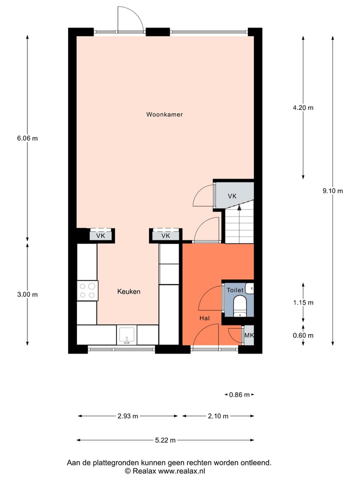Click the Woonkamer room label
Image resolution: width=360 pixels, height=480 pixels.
click(164, 114)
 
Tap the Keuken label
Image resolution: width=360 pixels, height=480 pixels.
click(129, 291)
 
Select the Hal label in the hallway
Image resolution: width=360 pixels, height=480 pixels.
click(204, 318)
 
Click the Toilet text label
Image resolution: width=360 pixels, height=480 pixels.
click(234, 290)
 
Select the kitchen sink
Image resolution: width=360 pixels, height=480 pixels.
click(127, 334)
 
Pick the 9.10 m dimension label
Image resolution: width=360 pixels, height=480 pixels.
click(332, 190)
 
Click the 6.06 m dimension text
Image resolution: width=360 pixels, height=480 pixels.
click(27, 138)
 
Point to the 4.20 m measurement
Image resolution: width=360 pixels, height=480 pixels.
click(303, 107)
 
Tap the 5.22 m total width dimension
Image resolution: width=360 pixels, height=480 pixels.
click(165, 440)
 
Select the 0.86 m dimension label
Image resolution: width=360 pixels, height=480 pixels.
click(239, 394)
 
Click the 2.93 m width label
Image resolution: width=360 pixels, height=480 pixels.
click(128, 416)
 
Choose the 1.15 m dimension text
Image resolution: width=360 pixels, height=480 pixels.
click(303, 302)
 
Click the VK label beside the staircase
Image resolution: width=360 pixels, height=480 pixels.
click(232, 196)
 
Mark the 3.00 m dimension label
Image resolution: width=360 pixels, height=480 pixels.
click(27, 294)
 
